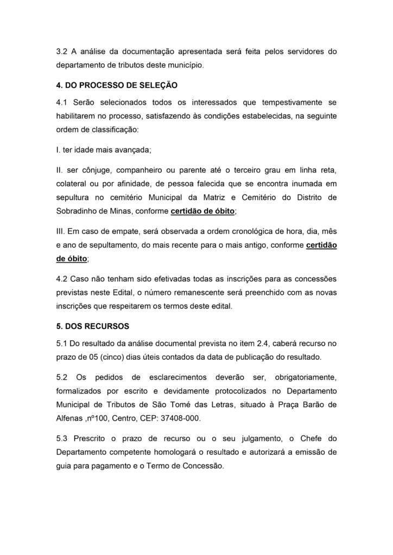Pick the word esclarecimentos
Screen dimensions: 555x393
click(162, 377)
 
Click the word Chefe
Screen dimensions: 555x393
click(307, 438)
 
